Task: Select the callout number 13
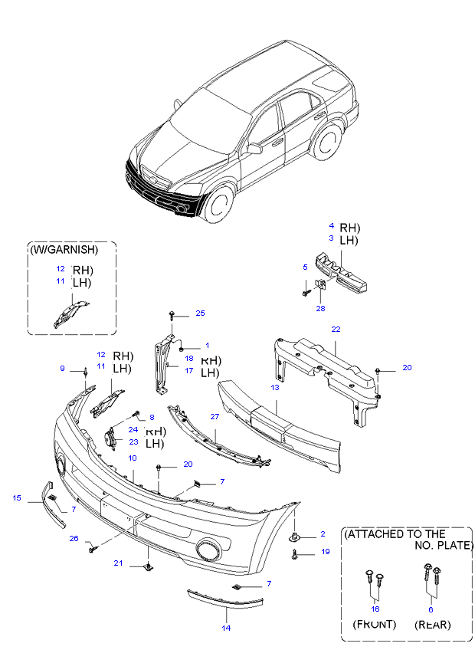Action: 274,388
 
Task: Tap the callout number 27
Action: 215,416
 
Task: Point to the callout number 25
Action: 200,313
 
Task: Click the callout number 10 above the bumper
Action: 133,458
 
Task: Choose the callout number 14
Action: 226,628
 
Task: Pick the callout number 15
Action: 17,498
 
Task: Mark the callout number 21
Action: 119,563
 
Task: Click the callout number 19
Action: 325,552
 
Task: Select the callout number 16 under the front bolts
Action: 375,608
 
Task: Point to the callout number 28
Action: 321,308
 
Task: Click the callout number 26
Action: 74,538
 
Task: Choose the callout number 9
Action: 63,369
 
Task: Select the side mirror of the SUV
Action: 254,148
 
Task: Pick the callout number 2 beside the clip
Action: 323,533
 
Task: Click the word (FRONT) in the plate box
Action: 375,625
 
